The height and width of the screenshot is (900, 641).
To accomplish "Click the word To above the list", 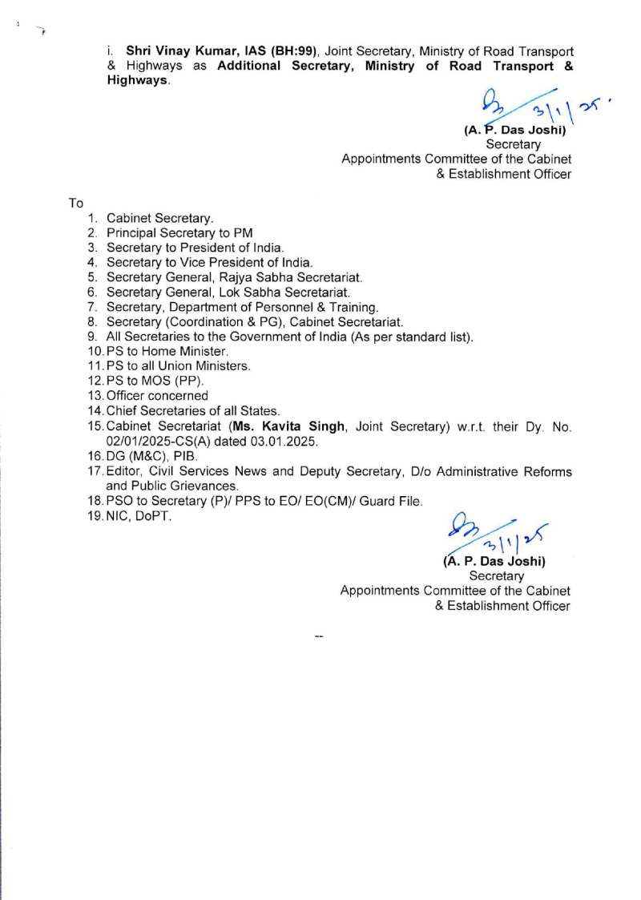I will [77, 203].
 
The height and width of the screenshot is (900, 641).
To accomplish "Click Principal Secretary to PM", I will [179, 232].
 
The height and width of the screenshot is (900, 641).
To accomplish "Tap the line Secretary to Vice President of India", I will [209, 262].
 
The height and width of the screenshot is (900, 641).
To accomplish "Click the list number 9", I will [92, 337].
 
